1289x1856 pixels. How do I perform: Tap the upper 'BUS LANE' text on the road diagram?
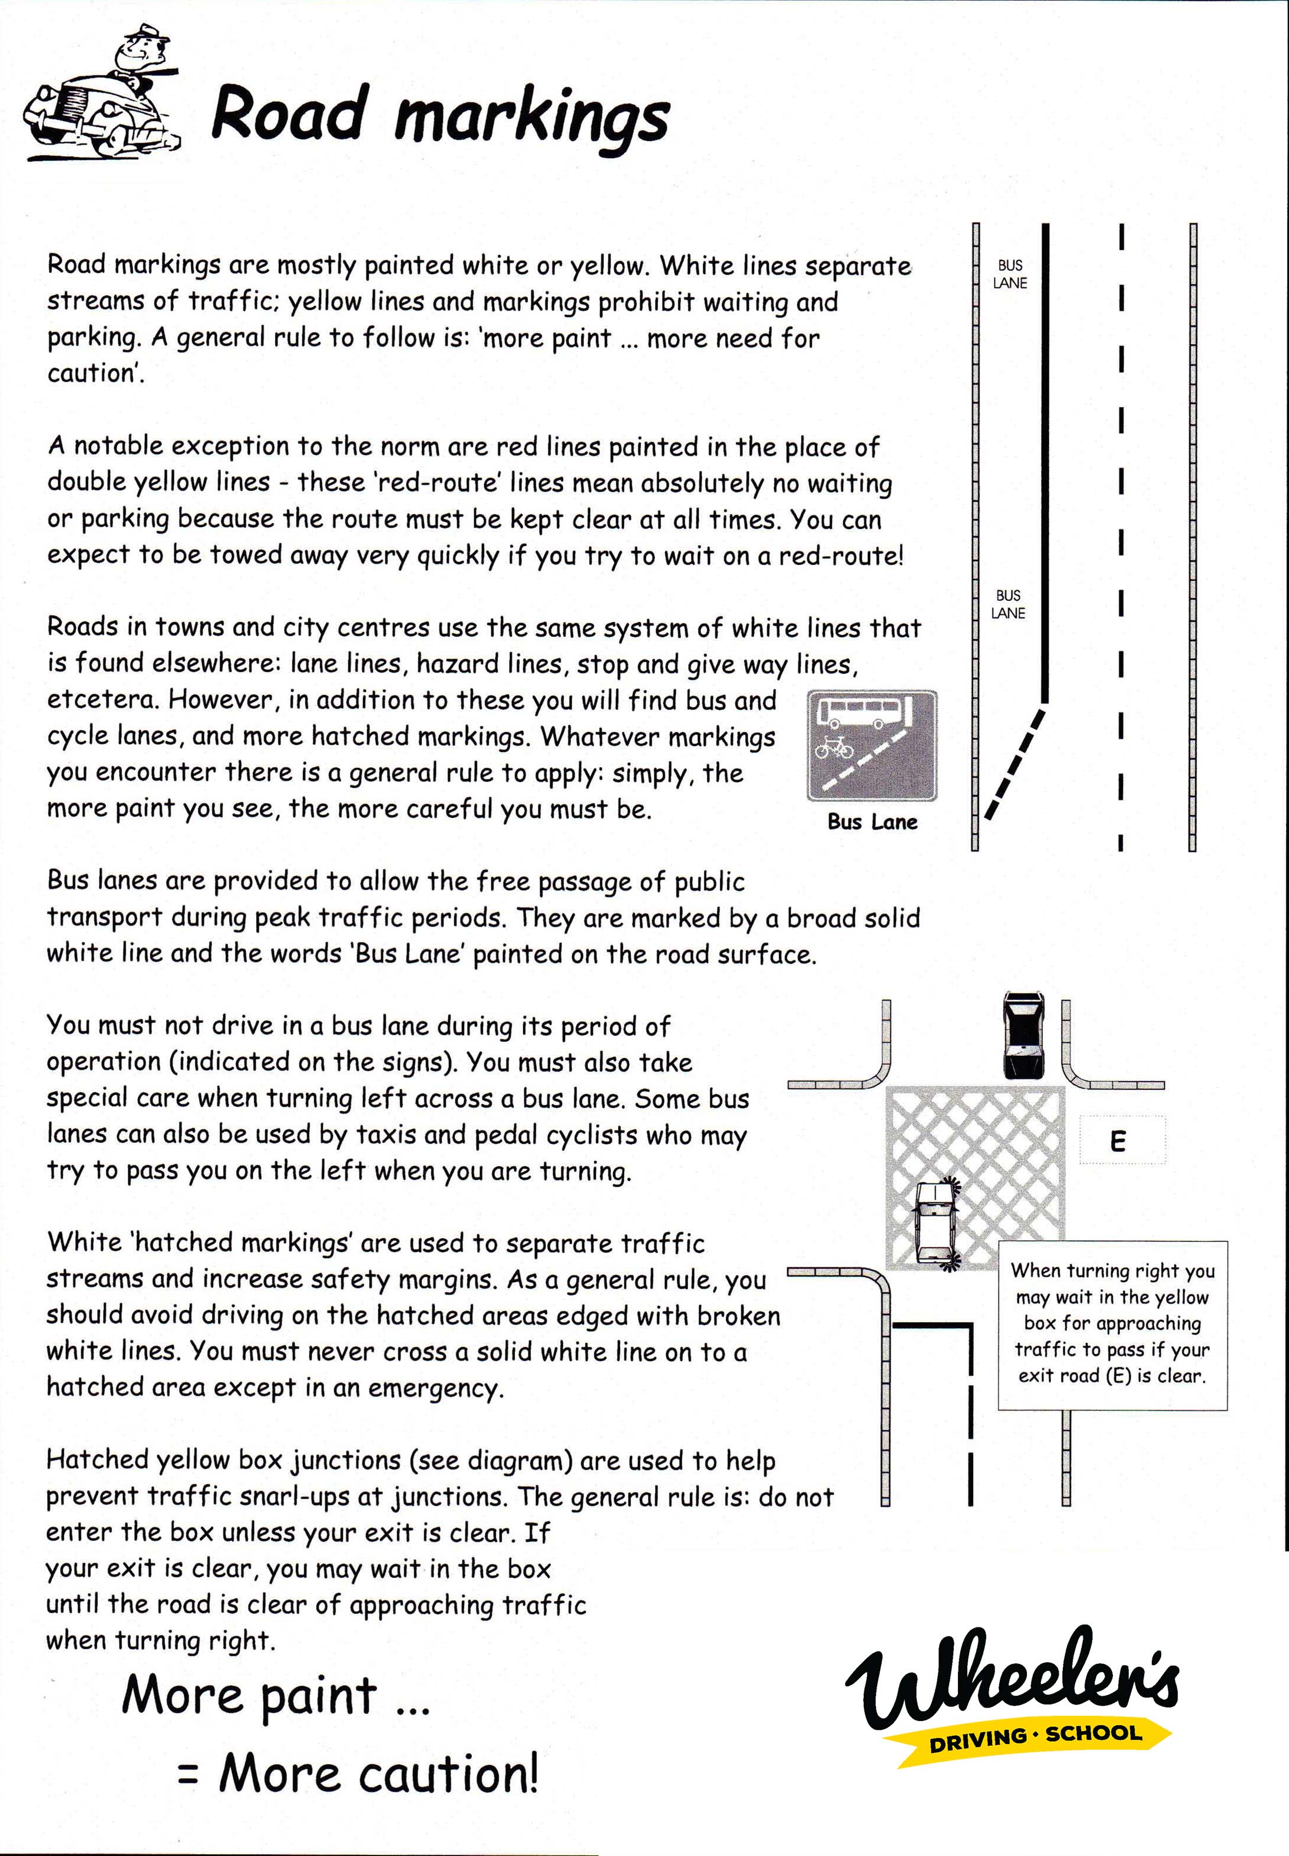click(1010, 274)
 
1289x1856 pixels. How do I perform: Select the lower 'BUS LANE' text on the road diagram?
click(1008, 604)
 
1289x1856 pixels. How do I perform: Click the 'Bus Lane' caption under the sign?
click(872, 822)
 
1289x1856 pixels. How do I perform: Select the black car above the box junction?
click(1023, 1035)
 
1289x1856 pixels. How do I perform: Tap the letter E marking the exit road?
click(1118, 1141)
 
